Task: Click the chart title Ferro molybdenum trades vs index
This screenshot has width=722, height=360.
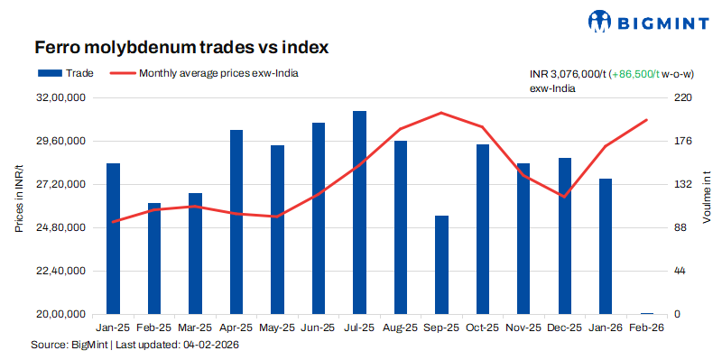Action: (x=180, y=46)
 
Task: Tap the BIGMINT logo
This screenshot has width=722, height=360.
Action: (x=644, y=20)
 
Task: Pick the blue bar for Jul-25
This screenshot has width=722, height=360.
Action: (x=359, y=212)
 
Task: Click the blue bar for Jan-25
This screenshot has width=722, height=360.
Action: (x=113, y=238)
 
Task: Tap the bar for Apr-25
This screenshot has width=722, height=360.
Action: (x=236, y=222)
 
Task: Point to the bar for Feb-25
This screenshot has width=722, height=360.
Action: (x=154, y=258)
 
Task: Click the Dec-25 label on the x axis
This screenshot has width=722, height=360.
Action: (x=564, y=328)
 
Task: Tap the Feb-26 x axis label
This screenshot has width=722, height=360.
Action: (x=646, y=328)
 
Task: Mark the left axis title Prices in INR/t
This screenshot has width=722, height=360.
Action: (x=19, y=198)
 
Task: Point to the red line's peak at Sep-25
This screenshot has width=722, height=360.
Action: (x=441, y=113)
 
